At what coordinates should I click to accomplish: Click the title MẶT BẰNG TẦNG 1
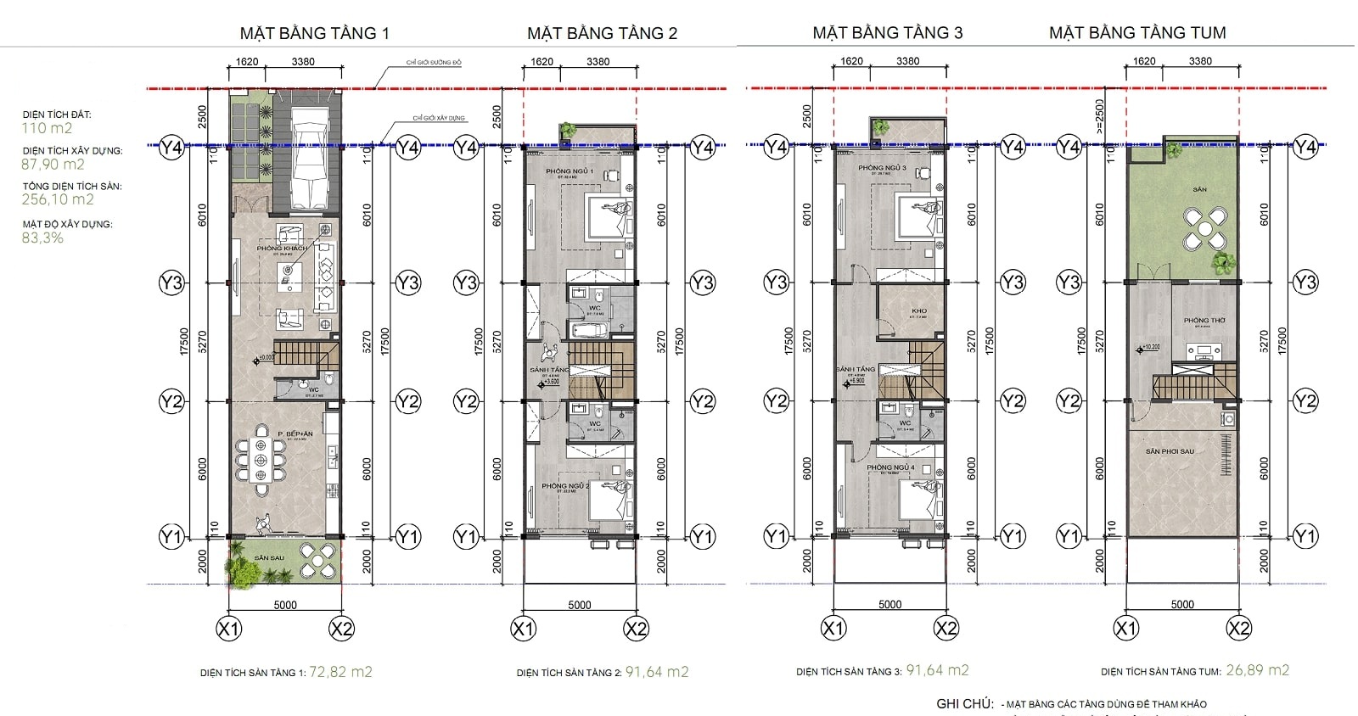[x=314, y=33]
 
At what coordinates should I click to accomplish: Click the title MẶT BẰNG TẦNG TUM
[x=1137, y=33]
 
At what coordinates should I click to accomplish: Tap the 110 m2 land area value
[x=47, y=128]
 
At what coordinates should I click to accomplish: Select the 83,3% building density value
[x=42, y=238]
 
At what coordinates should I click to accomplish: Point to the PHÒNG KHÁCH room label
[x=283, y=249]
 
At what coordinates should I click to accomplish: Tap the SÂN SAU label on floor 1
[x=269, y=557]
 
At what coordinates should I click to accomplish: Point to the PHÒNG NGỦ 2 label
[x=565, y=486]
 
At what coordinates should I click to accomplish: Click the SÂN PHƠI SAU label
[x=1170, y=451]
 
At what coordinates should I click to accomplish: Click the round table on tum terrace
[x=1204, y=227]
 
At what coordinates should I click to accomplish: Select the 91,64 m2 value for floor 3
[x=937, y=670]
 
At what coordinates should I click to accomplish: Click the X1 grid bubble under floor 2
[x=524, y=629]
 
